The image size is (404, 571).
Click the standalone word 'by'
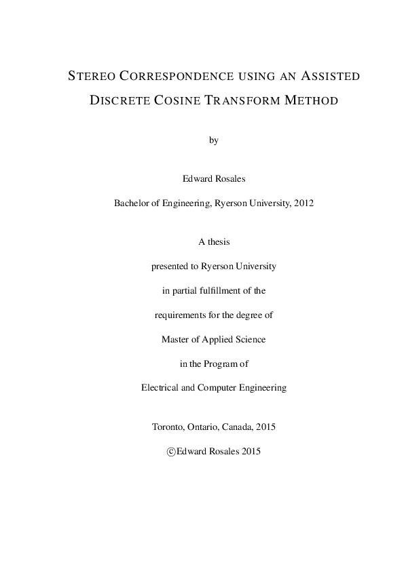pos(215,141)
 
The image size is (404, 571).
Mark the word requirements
pos(180,315)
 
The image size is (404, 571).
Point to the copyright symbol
pos(171,452)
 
